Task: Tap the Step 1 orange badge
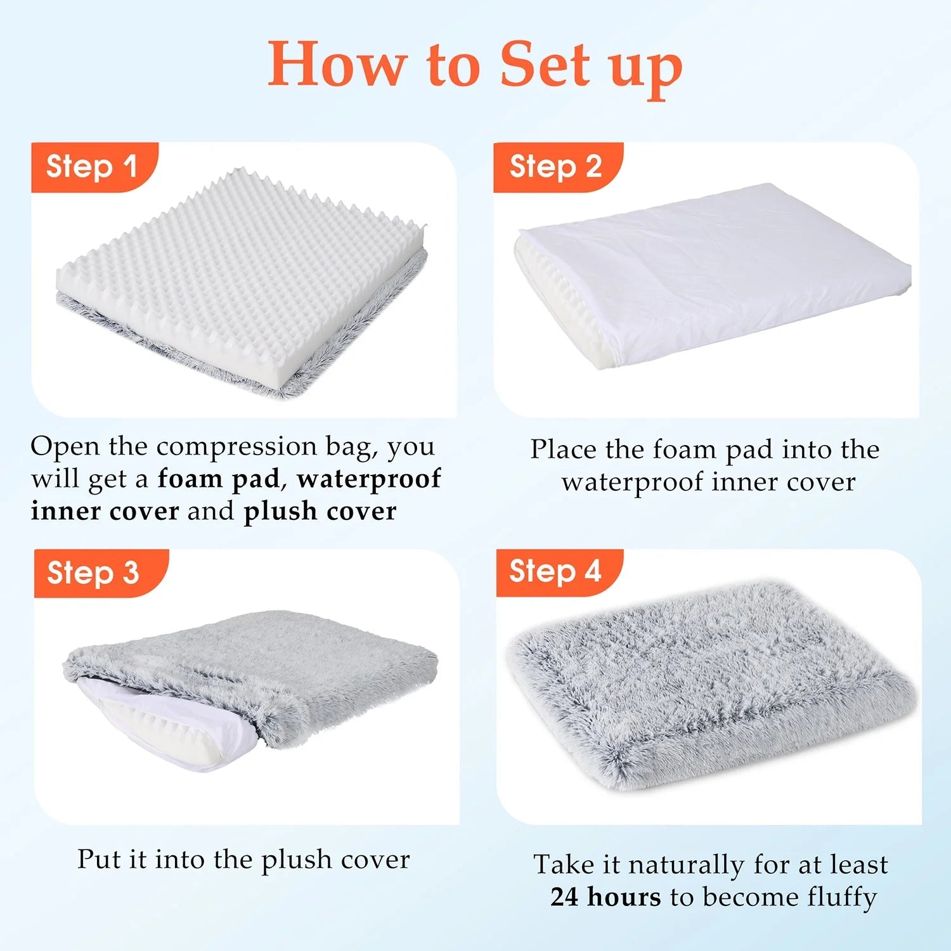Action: pos(92,167)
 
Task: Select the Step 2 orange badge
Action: pos(556,167)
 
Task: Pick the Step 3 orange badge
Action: pos(93,573)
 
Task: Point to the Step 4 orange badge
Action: pos(555,572)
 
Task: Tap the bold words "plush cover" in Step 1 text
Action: pos(320,512)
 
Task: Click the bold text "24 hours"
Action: pos(605,897)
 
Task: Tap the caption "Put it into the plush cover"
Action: pos(243,860)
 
